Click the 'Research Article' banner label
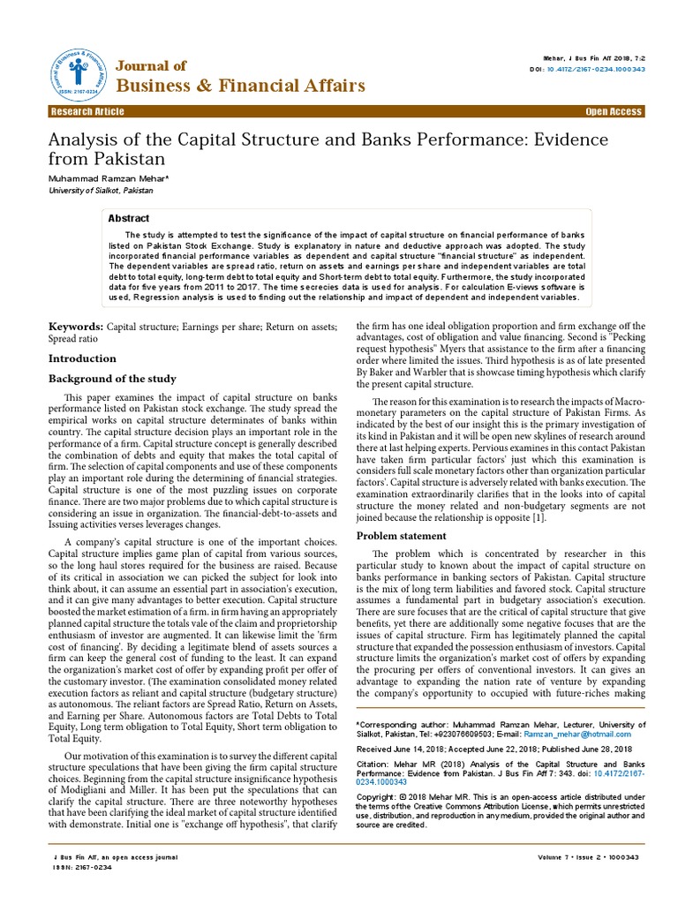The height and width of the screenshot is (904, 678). coord(87,112)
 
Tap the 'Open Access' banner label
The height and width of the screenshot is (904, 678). coord(614,112)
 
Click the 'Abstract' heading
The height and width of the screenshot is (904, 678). coord(129,218)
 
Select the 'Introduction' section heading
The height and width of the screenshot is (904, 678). coord(82,358)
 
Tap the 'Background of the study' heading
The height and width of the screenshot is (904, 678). coord(112,379)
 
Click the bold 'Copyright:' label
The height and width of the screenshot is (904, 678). coord(377,796)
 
